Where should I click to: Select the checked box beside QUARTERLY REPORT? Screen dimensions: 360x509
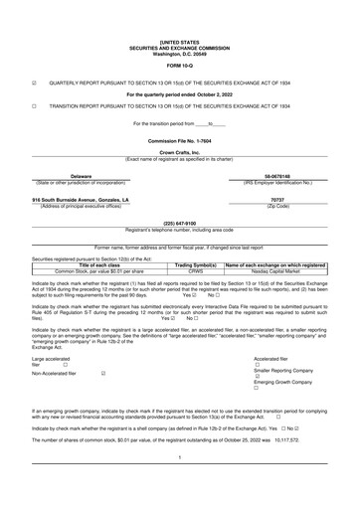tap(35, 84)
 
